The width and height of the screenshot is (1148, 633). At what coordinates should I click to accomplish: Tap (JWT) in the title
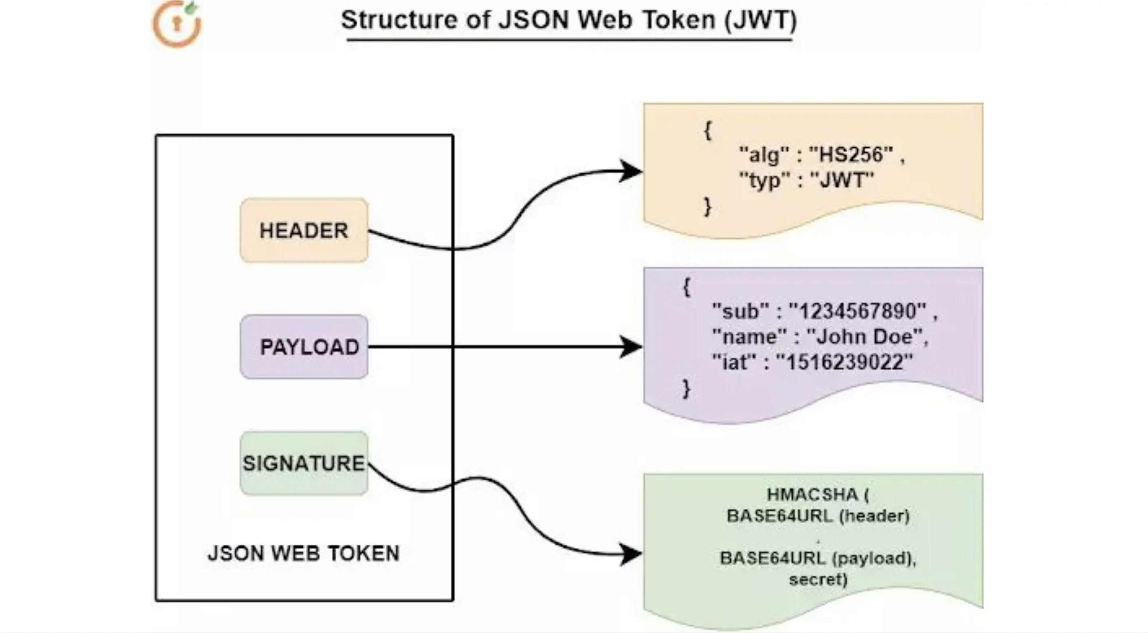760,20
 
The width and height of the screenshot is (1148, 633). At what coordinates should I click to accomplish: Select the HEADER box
304,230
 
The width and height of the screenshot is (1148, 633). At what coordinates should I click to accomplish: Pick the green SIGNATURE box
304,463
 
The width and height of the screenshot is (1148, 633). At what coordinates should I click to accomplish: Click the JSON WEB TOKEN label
304,553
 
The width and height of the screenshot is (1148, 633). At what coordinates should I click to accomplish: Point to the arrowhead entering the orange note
631,171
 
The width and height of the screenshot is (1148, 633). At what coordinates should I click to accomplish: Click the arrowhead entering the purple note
631,347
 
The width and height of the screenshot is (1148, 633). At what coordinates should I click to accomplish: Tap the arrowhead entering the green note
631,554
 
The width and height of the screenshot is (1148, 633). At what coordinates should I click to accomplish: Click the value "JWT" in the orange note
841,180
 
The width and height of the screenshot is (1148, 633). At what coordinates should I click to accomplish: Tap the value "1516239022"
844,362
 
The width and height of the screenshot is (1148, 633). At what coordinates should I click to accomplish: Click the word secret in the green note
818,579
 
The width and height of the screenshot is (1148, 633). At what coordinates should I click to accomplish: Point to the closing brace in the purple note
687,389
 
